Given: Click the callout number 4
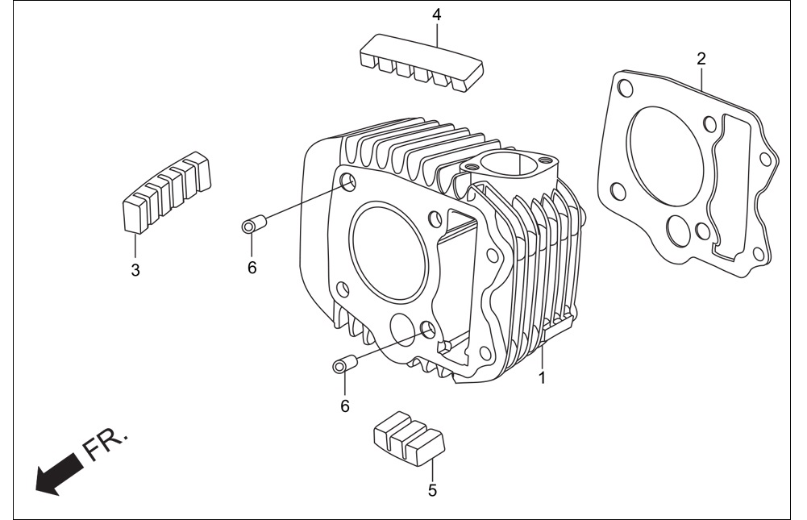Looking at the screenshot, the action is point(436,15).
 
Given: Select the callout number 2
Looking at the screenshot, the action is point(701,59).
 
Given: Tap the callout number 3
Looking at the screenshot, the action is point(135,270).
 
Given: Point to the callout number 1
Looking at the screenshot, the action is point(542,377).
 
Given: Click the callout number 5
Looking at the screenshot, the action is point(432,490).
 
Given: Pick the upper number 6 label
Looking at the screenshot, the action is point(252,268).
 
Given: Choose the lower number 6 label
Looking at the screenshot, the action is point(345,406).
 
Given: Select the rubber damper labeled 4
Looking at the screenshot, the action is point(421,64).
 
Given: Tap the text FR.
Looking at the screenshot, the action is point(105,443).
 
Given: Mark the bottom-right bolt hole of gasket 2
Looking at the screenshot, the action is point(758,255).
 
